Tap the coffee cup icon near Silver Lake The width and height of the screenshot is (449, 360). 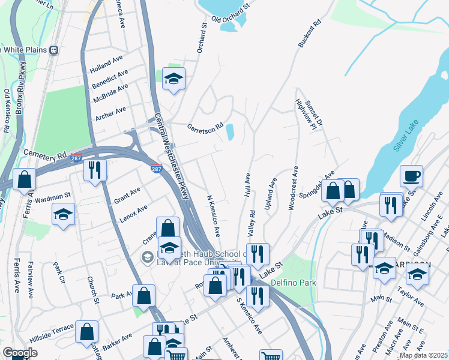(x=411, y=176)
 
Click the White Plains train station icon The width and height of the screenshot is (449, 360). (x=54, y=50)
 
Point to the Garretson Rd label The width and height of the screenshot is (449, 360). (x=205, y=128)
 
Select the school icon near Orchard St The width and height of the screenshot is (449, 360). (x=173, y=79)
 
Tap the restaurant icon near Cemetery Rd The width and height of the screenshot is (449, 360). (x=95, y=170)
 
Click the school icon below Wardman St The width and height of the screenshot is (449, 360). (x=63, y=215)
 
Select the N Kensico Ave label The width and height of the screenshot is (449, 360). (x=213, y=215)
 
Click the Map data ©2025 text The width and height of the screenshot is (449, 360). (x=423, y=355)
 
